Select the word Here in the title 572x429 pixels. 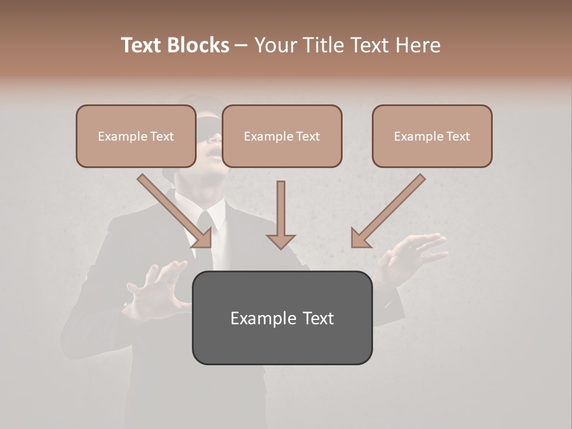(x=416, y=45)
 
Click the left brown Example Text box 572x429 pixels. (x=136, y=136)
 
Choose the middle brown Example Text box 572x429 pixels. (x=282, y=136)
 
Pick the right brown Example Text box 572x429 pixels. (x=432, y=136)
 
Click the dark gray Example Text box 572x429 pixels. (x=282, y=318)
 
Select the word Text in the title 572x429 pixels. (x=144, y=45)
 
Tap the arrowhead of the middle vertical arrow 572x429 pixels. (x=281, y=240)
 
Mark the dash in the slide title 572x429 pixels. (x=241, y=46)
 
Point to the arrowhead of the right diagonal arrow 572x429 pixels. (x=361, y=238)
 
